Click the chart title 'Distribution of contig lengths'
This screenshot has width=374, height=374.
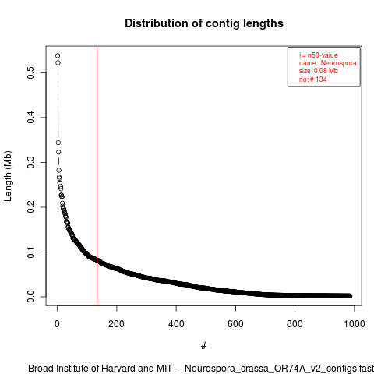click(204, 23)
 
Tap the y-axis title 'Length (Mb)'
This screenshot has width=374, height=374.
click(8, 176)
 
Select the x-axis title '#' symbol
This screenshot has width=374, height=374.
click(203, 346)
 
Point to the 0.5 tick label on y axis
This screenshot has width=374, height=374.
click(30, 72)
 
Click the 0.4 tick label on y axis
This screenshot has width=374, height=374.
click(30, 118)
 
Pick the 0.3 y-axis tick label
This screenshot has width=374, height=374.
click(30, 162)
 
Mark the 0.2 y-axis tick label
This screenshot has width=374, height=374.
click(30, 207)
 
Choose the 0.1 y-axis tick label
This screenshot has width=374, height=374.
click(30, 252)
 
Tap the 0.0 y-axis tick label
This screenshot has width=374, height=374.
click(30, 297)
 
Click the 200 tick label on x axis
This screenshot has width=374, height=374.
click(116, 324)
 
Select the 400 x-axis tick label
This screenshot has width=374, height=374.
click(176, 324)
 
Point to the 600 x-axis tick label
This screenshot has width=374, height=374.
click(235, 324)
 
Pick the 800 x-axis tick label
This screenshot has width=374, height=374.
click(295, 324)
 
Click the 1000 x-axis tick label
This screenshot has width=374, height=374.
click(355, 324)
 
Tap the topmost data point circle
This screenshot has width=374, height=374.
click(58, 55)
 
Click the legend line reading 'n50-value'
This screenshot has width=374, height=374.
click(319, 55)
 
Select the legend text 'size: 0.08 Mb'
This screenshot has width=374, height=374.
click(319, 71)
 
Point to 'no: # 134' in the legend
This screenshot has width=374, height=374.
click(313, 79)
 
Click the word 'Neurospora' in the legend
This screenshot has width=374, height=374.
click(339, 63)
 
